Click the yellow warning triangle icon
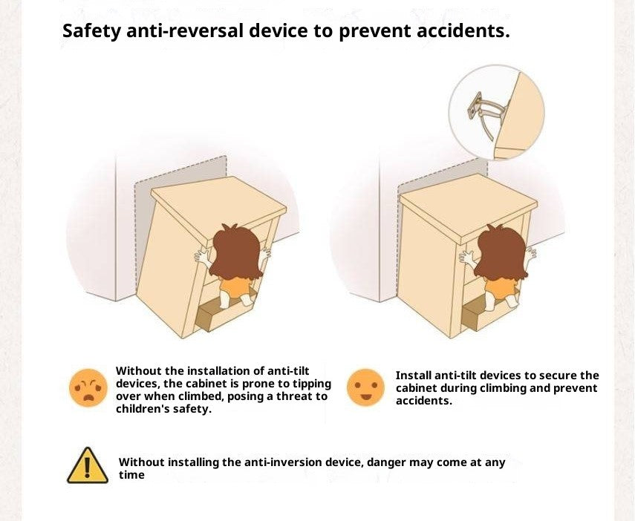(88, 466)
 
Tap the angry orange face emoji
(88, 388)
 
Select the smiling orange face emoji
(365, 388)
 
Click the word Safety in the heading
(91, 31)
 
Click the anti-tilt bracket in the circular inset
(483, 114)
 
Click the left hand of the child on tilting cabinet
(201, 258)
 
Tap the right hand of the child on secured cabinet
(531, 252)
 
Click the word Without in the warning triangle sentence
(141, 462)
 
